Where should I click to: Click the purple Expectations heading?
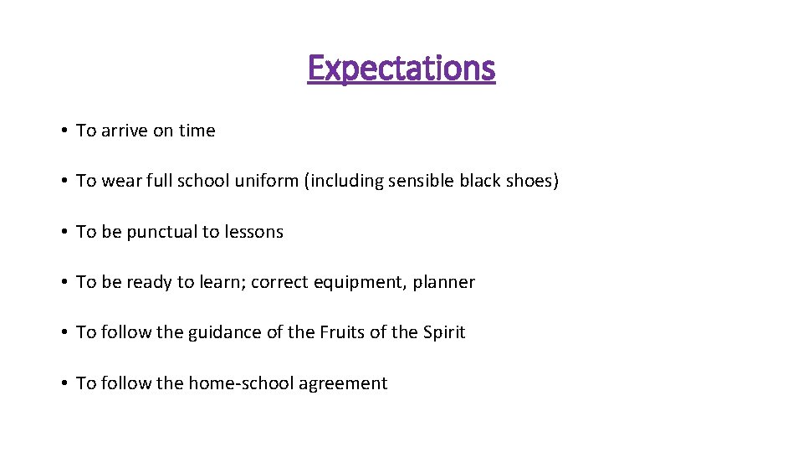(401, 68)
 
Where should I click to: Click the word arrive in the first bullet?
(125, 131)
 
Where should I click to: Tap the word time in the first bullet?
(197, 131)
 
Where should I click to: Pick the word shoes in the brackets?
(529, 181)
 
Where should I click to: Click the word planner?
(443, 283)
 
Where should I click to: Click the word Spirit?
(443, 333)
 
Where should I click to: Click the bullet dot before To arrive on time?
(64, 131)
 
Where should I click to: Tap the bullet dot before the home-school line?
(64, 384)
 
